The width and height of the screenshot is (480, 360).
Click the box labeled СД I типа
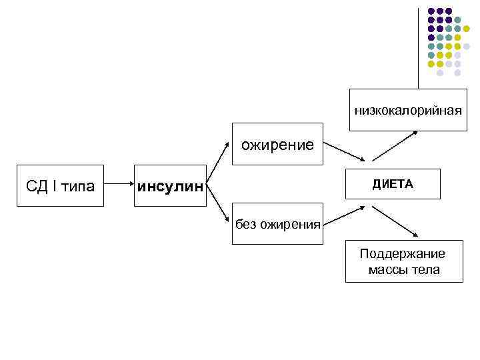pyautogui.click(x=60, y=185)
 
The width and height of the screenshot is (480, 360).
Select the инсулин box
pyautogui.click(x=170, y=185)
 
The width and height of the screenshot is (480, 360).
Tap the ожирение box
pyautogui.click(x=277, y=145)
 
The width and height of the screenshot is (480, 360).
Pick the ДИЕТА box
pyautogui.click(x=393, y=184)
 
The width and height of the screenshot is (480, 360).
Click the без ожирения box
pyautogui.click(x=277, y=225)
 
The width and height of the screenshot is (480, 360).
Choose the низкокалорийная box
pyautogui.click(x=408, y=109)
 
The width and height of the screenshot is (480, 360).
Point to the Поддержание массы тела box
pyautogui.click(x=403, y=261)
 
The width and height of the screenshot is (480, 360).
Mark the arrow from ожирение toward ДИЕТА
pyautogui.click(x=344, y=151)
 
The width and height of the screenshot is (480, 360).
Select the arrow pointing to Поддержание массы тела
pyautogui.click(x=395, y=221)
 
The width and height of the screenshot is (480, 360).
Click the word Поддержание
pyautogui.click(x=402, y=254)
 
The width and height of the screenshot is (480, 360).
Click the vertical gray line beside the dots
pyautogui.click(x=419, y=47)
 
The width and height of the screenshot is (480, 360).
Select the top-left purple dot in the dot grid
pyautogui.click(x=431, y=11)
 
